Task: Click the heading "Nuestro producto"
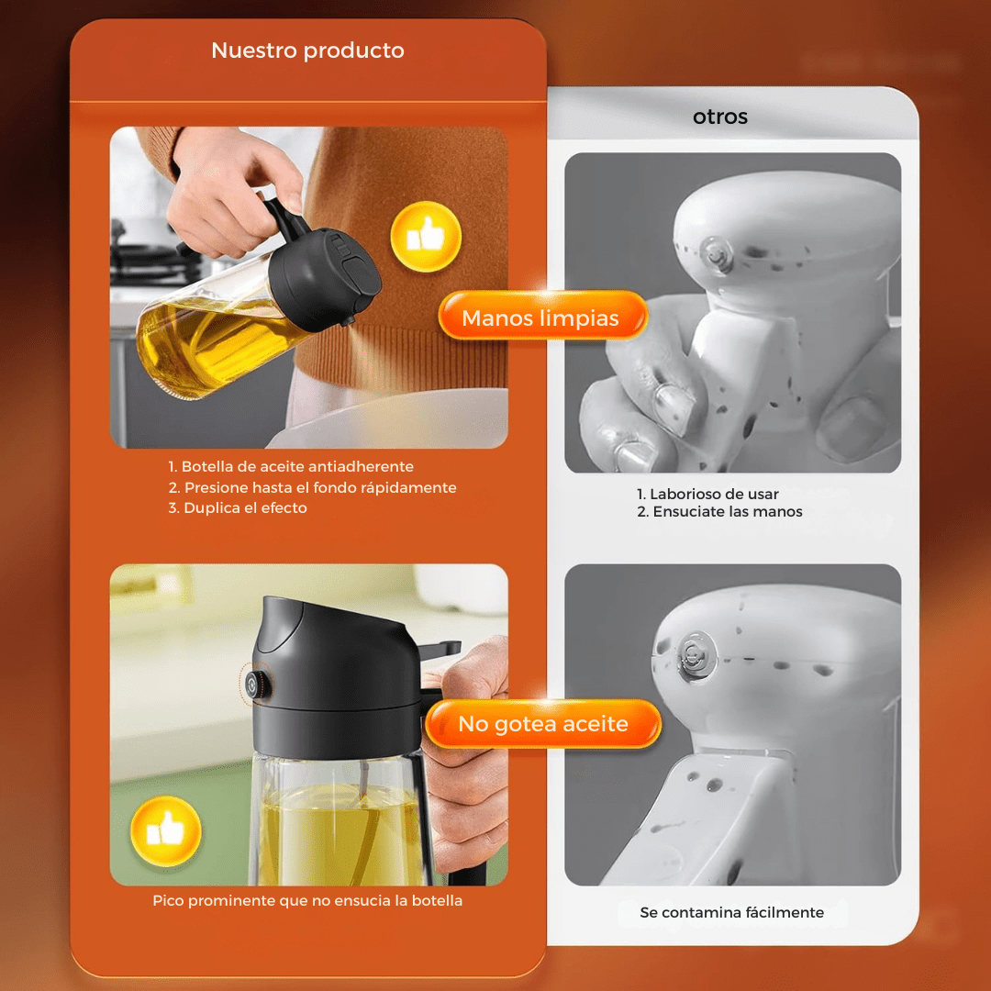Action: (x=307, y=50)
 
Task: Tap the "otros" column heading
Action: (x=720, y=117)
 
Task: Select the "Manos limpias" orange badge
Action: (x=540, y=318)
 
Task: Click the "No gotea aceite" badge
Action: (x=543, y=724)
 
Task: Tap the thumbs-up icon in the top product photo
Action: (x=425, y=238)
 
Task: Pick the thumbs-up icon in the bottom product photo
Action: (x=165, y=831)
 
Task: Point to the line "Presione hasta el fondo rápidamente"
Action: (x=319, y=487)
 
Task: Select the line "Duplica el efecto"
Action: (x=245, y=507)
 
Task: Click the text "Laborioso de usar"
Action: (x=714, y=494)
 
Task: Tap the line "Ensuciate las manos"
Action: (x=727, y=511)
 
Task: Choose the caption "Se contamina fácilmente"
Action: (x=732, y=912)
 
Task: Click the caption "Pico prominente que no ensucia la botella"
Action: (x=307, y=900)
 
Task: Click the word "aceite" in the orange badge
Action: (x=595, y=724)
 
